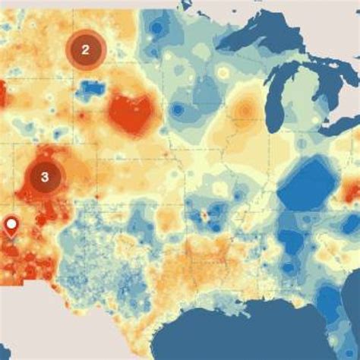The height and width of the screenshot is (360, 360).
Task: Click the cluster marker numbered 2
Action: (x=86, y=50)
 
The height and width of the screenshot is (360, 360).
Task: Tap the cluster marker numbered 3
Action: (x=45, y=177)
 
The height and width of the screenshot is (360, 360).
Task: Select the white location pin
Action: (x=12, y=226)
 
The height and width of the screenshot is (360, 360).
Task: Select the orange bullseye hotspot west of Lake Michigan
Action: (x=244, y=112)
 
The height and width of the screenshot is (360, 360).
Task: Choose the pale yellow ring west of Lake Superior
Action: (x=222, y=73)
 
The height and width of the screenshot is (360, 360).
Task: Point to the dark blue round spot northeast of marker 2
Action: (x=156, y=28)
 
